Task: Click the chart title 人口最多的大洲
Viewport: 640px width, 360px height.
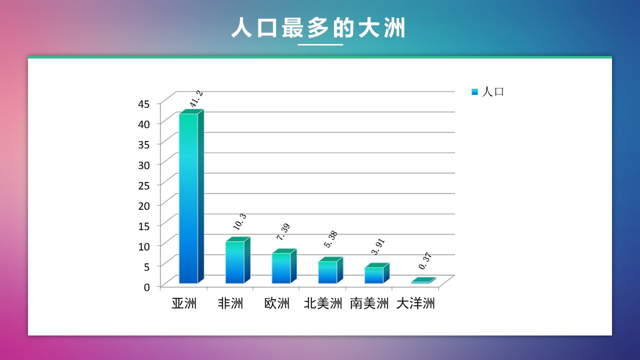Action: pyautogui.click(x=318, y=27)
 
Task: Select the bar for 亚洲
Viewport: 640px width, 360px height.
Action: pyautogui.click(x=191, y=196)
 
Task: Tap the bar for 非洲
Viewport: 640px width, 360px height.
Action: pyautogui.click(x=237, y=260)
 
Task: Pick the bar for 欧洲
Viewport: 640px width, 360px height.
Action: pyautogui.click(x=284, y=266)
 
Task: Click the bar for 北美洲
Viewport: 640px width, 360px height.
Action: pyautogui.click(x=330, y=270)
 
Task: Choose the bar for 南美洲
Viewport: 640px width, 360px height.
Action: pyautogui.click(x=377, y=273)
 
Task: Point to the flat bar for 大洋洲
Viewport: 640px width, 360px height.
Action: pyautogui.click(x=423, y=280)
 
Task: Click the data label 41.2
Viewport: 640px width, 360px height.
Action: pyautogui.click(x=196, y=99)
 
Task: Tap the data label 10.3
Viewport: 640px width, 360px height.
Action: pyautogui.click(x=239, y=221)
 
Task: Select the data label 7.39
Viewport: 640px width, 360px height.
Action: pyautogui.click(x=283, y=231)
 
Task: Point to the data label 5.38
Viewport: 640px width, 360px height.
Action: pyautogui.click(x=330, y=239)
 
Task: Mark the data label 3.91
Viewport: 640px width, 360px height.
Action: pyautogui.click(x=377, y=246)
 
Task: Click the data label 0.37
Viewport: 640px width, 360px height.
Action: pyautogui.click(x=425, y=261)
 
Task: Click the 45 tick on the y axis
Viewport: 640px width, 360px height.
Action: pyautogui.click(x=143, y=104)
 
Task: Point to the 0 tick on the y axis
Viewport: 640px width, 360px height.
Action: pyautogui.click(x=146, y=287)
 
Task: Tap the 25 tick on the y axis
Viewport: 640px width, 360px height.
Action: pyautogui.click(x=143, y=185)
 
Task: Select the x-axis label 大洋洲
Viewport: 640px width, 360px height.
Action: pyautogui.click(x=415, y=303)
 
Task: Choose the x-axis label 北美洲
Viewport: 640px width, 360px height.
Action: pyautogui.click(x=323, y=303)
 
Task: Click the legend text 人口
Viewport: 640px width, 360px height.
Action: pyautogui.click(x=493, y=91)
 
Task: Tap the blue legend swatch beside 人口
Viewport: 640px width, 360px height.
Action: pyautogui.click(x=474, y=92)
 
